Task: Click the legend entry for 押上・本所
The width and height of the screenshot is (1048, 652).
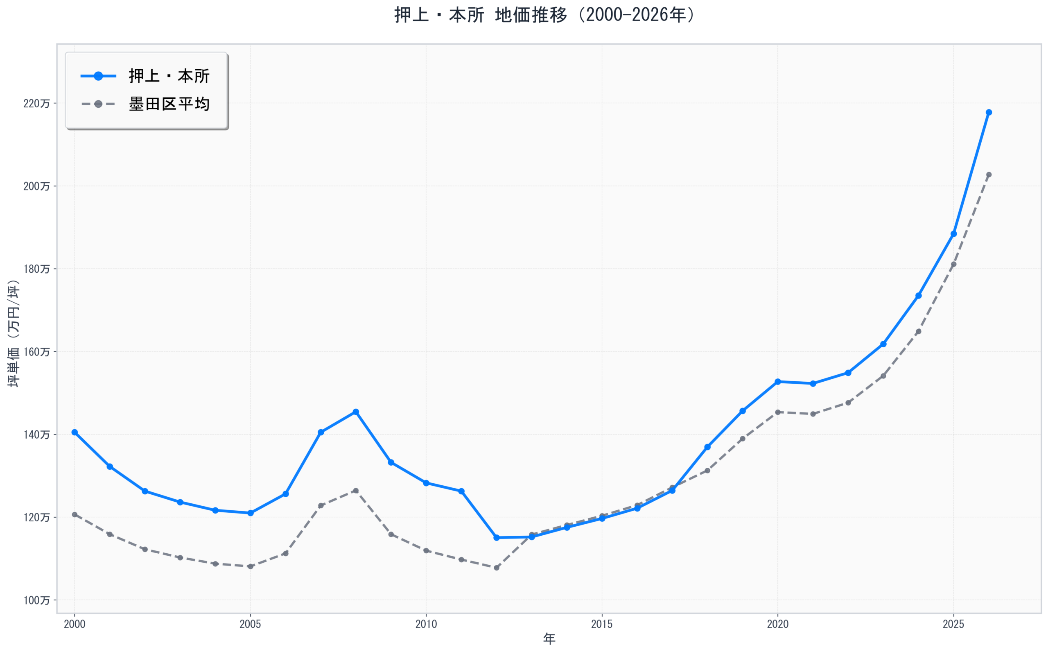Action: click(169, 76)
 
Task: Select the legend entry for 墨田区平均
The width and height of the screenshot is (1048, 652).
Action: click(169, 104)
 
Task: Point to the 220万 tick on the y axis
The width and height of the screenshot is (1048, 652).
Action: click(36, 104)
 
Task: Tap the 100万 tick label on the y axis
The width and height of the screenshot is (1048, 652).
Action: click(36, 600)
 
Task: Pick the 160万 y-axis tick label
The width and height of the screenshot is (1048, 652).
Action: click(36, 352)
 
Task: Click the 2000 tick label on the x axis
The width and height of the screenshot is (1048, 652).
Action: click(75, 625)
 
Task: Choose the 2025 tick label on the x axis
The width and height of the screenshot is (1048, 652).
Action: click(953, 625)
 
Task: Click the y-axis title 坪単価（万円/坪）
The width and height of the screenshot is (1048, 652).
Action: click(14, 333)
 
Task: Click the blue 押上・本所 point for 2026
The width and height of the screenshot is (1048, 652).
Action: click(989, 113)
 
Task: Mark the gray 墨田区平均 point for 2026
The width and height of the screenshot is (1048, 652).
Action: click(989, 175)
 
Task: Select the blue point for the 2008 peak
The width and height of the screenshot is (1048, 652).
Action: click(355, 412)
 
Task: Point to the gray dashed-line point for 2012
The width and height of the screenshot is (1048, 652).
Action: click(497, 568)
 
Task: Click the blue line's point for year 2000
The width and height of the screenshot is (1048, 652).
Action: click(75, 432)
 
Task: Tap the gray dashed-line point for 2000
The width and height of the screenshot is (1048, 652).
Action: click(75, 514)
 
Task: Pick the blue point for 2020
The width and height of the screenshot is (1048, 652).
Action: click(778, 382)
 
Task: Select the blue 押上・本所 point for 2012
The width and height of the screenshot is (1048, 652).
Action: click(497, 538)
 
